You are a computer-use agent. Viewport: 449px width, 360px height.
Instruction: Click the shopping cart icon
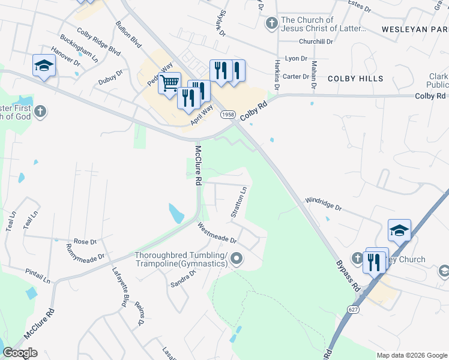(170, 83)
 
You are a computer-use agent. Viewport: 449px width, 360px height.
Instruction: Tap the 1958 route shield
(228, 114)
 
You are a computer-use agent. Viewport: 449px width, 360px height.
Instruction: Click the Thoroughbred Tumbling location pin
(237, 259)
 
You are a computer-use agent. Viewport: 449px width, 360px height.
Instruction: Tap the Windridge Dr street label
(323, 204)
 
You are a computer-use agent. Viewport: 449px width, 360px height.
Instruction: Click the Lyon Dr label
(296, 59)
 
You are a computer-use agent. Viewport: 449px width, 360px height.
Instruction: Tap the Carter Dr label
(295, 76)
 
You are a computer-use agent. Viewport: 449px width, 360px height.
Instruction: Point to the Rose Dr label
(85, 241)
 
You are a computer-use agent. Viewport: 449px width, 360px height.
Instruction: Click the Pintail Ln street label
(38, 275)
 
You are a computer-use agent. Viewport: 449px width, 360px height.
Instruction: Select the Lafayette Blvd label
(120, 287)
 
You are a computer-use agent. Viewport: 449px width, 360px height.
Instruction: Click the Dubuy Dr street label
(110, 78)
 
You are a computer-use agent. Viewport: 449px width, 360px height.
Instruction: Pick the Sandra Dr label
(183, 277)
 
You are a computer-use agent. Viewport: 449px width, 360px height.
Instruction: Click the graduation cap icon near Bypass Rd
(399, 230)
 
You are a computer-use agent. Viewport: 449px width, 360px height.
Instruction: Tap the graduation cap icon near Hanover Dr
(44, 65)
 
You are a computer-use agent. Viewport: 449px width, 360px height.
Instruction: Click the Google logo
(20, 353)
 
